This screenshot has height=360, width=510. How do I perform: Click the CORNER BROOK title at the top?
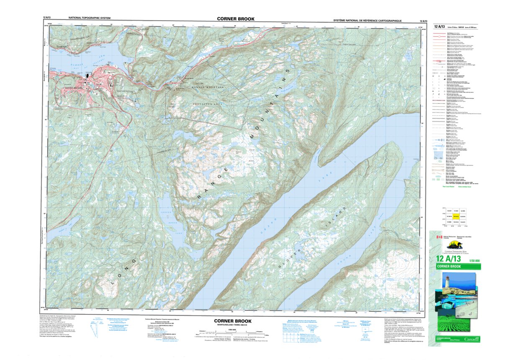pos(235,19)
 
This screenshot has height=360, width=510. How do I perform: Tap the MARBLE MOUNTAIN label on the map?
pos(208,87)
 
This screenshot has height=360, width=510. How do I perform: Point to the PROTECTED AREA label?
pos(208,103)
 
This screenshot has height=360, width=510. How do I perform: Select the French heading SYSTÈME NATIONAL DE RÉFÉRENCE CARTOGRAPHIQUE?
pos(367,21)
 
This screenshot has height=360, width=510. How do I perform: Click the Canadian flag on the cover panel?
pos(439,237)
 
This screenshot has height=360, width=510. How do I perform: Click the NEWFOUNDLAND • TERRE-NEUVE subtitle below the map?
pos(232,325)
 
